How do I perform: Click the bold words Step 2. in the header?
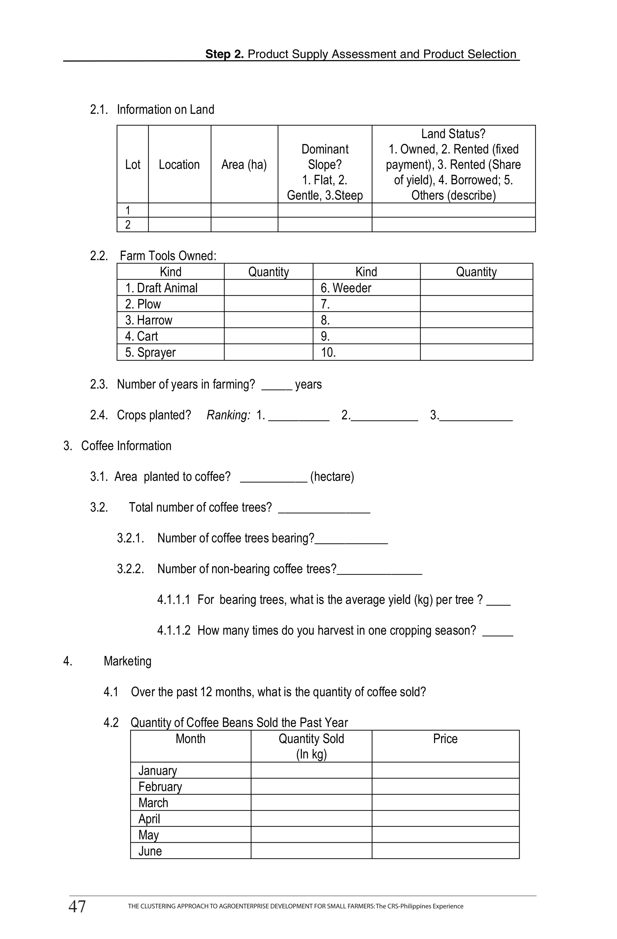(x=224, y=54)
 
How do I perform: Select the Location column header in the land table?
(x=179, y=165)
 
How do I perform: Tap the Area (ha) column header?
(x=244, y=165)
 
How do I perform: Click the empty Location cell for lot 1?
(x=180, y=210)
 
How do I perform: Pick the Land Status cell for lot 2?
(x=453, y=225)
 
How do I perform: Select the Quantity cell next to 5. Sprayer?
(x=268, y=352)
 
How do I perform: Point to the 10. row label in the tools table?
(x=328, y=352)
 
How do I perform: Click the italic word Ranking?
(x=228, y=415)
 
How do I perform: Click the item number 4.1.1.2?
(x=174, y=630)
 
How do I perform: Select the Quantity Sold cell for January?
(x=311, y=770)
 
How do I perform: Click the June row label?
(x=150, y=851)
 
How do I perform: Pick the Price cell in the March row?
(x=445, y=802)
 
